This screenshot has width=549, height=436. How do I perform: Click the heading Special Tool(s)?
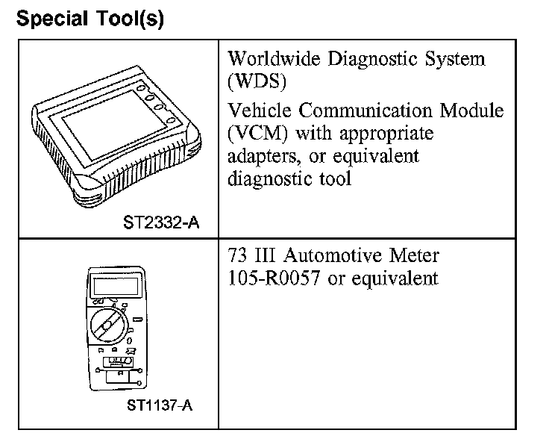[90, 18]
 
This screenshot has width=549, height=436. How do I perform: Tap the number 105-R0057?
[275, 278]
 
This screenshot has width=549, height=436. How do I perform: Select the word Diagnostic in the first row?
[386, 59]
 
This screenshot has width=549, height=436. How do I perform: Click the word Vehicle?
[260, 111]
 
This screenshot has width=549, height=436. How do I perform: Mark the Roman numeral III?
[267, 256]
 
